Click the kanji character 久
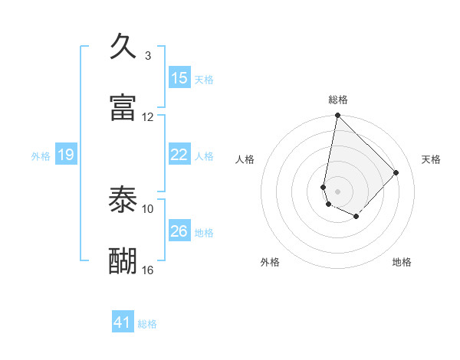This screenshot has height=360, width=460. point(123,46)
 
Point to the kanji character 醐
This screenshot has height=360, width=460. point(123,260)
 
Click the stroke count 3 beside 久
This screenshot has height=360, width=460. point(147,55)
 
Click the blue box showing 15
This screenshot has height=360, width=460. point(179,78)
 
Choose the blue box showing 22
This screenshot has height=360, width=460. point(179,155)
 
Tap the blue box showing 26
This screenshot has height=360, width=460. point(179,231)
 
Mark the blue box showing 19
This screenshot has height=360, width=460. point(66,155)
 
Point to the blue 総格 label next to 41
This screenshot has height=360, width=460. point(147,324)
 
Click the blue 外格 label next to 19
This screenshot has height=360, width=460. point(41,156)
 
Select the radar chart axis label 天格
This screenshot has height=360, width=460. point(432,159)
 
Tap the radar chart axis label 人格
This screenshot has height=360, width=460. point(245,159)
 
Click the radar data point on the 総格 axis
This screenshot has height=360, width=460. point(337,116)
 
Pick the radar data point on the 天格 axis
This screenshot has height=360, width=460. point(396,172)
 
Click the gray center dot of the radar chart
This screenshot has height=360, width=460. point(337,191)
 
